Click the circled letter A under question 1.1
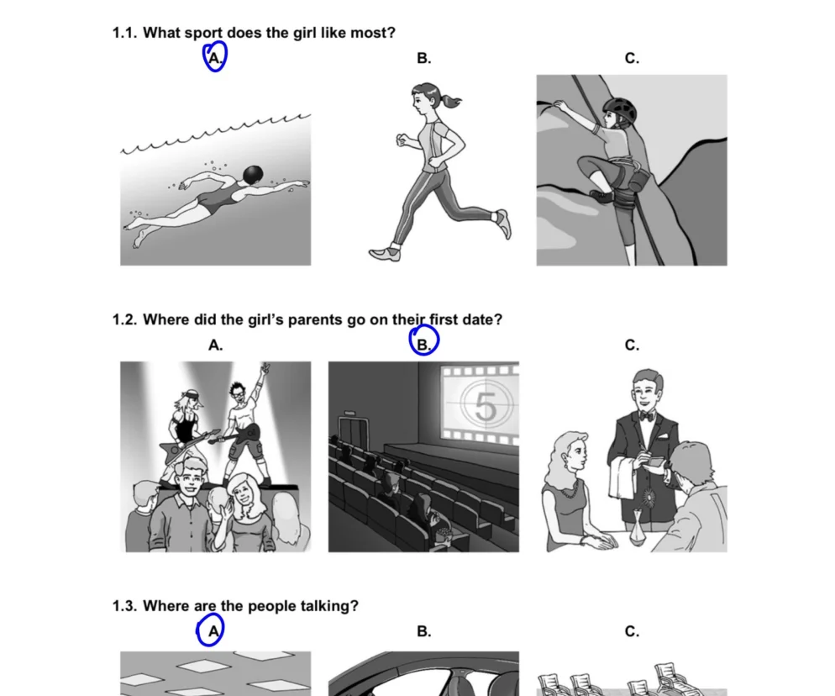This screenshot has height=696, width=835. (x=214, y=58)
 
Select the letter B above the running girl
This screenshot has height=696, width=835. (x=424, y=58)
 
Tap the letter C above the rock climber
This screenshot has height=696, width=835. (x=632, y=58)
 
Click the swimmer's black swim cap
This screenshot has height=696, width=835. (x=252, y=174)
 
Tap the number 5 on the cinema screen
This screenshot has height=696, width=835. (x=486, y=407)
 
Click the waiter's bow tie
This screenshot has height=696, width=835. (x=647, y=416)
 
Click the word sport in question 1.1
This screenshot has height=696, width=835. (x=204, y=33)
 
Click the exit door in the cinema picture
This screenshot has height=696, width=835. (x=354, y=433)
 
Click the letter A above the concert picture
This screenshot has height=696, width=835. (x=215, y=345)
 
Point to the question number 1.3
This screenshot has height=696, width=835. (x=124, y=606)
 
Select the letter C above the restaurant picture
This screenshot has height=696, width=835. (x=632, y=345)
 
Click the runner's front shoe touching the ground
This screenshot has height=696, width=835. (x=385, y=253)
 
